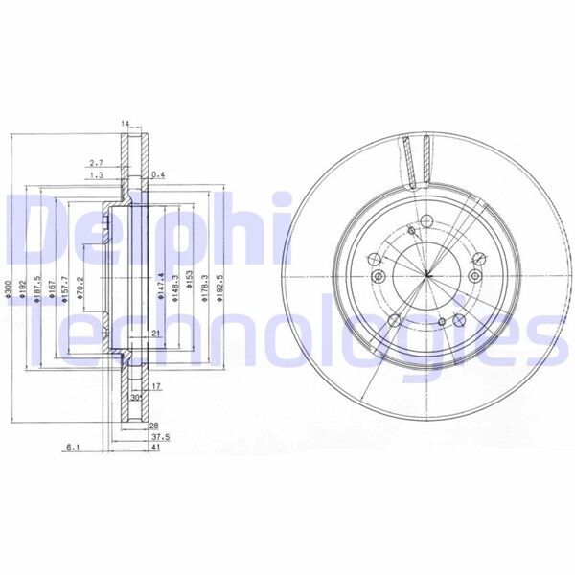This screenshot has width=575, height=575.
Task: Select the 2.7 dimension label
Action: (96, 163)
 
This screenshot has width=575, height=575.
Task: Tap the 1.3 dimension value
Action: (96, 176)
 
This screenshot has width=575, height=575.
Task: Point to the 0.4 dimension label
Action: (158, 175)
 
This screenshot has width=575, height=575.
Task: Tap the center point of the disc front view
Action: (426, 278)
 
